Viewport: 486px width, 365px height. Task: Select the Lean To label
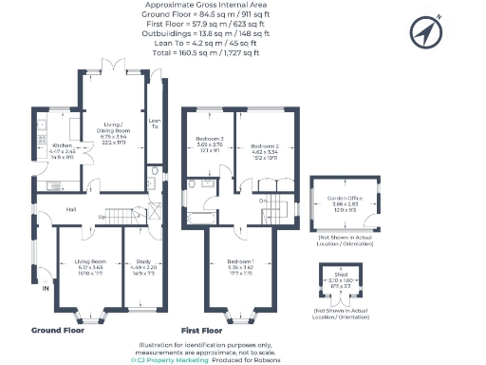coord(155,125)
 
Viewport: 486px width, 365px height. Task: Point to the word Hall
coord(69,209)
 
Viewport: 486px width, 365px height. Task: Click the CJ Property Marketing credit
coord(170,359)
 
